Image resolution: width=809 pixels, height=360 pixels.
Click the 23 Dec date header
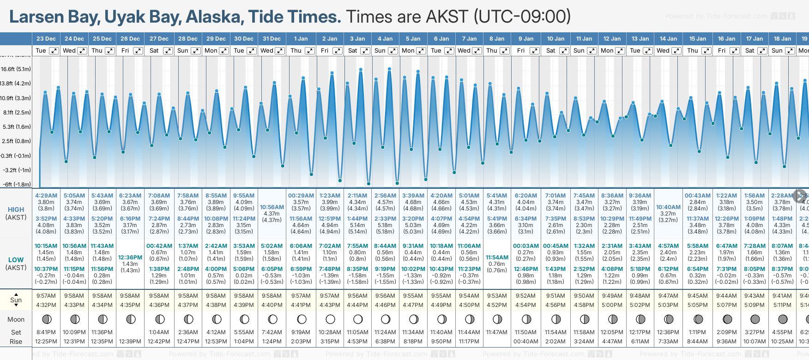pyautogui.click(x=46, y=39)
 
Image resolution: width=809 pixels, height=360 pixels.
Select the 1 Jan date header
pyautogui.click(x=301, y=39)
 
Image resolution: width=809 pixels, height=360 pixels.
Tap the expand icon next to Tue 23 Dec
pyautogui.click(x=54, y=51)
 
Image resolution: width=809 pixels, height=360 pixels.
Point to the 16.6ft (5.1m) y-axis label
pyautogui.click(x=16, y=69)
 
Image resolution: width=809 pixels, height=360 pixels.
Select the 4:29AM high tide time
pyautogui.click(x=46, y=196)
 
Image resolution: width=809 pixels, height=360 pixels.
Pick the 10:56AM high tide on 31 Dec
pyautogui.click(x=272, y=207)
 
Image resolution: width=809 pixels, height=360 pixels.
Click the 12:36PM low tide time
pyautogui.click(x=130, y=258)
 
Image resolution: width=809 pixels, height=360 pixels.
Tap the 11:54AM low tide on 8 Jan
pyautogui.click(x=497, y=258)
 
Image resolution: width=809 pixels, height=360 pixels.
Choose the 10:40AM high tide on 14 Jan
pyautogui.click(x=668, y=207)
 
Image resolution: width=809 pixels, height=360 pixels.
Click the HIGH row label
pyautogui.click(x=16, y=210)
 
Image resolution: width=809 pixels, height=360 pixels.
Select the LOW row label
pyautogui.click(x=16, y=260)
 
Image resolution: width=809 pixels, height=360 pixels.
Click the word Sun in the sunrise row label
pyautogui.click(x=16, y=300)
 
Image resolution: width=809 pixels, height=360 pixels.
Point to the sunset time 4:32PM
pyautogui.click(x=46, y=305)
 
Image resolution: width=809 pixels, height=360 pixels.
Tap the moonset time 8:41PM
pyautogui.click(x=46, y=332)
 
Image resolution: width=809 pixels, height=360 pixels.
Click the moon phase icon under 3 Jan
pyautogui.click(x=358, y=319)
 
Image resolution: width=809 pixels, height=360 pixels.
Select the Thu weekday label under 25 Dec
pyautogui.click(x=97, y=51)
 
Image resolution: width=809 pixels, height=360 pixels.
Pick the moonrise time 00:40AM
pyautogui.click(x=526, y=342)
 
